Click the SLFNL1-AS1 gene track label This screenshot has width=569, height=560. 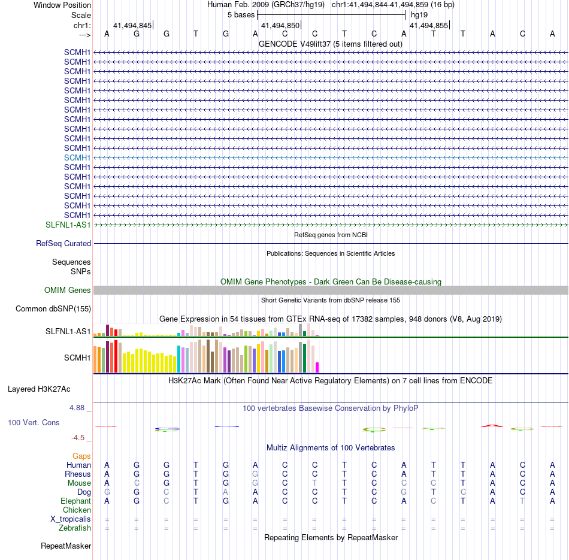click(x=68, y=225)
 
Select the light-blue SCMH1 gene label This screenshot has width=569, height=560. click(x=77, y=158)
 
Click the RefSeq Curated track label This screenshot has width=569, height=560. click(x=63, y=244)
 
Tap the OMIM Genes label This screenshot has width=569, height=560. click(x=68, y=290)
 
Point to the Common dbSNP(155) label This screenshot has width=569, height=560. click(x=53, y=309)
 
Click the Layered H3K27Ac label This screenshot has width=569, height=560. click(x=39, y=389)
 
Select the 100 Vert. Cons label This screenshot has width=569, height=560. click(x=34, y=423)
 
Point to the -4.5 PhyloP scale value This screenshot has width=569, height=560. click(x=81, y=438)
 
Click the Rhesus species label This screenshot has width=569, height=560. click(x=77, y=474)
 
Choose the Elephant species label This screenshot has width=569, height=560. click(x=75, y=501)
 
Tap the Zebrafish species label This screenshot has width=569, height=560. click(x=75, y=528)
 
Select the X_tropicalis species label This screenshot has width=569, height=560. click(x=71, y=519)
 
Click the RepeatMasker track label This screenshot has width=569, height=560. click(x=66, y=546)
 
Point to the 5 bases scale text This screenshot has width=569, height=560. click(x=241, y=14)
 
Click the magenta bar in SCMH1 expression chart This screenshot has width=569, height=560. click(x=317, y=367)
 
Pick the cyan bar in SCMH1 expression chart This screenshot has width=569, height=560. click(x=178, y=359)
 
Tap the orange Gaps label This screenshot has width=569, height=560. click(x=81, y=456)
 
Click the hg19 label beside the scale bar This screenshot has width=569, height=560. click(x=419, y=14)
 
